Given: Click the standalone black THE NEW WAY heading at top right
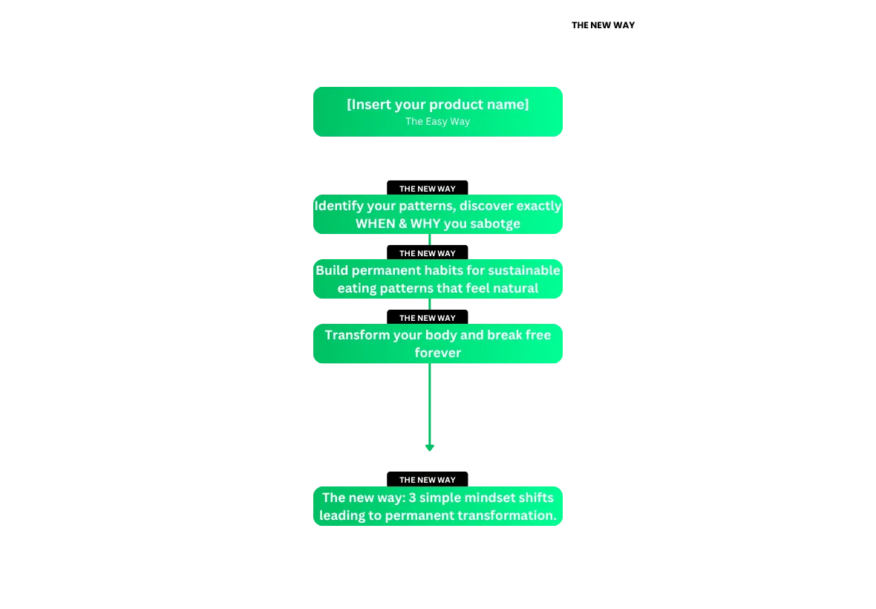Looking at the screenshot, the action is [603, 25].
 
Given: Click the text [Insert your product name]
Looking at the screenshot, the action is [437, 105].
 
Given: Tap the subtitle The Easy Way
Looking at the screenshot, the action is [437, 121].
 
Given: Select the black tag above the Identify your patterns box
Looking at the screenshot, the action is [428, 189].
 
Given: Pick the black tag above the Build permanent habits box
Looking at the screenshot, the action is [428, 253].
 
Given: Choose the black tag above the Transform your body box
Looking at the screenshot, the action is [428, 318].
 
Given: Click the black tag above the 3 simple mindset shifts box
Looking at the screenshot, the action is [428, 479].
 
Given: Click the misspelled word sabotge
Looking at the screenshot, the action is [495, 224].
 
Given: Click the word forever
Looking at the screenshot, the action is [437, 353].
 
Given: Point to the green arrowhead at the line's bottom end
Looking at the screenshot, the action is [430, 448].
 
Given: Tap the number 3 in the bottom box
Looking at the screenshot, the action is [412, 498].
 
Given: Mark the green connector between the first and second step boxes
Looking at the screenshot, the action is [430, 240].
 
